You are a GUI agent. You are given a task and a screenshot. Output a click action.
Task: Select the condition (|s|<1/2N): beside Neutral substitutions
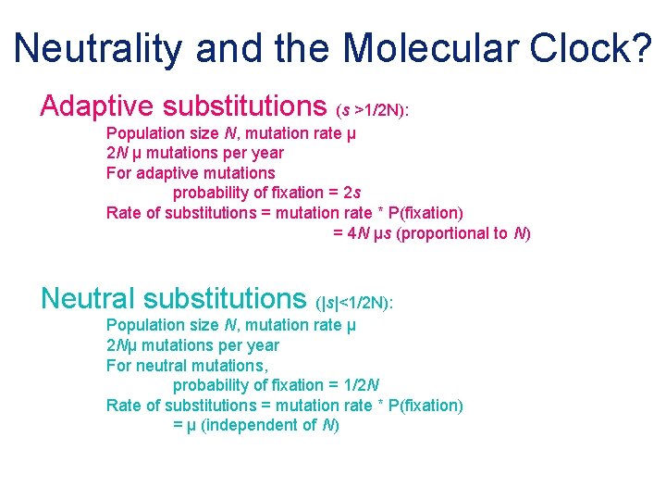(x=355, y=303)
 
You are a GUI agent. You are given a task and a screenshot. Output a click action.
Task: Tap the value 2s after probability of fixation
(x=351, y=193)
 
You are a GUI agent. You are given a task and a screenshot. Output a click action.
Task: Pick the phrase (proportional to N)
(x=463, y=233)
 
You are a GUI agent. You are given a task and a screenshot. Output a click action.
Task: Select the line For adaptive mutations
(x=191, y=172)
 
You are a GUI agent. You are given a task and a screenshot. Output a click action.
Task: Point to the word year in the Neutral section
(x=263, y=344)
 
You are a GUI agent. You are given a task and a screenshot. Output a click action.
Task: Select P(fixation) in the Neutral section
(x=425, y=405)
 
